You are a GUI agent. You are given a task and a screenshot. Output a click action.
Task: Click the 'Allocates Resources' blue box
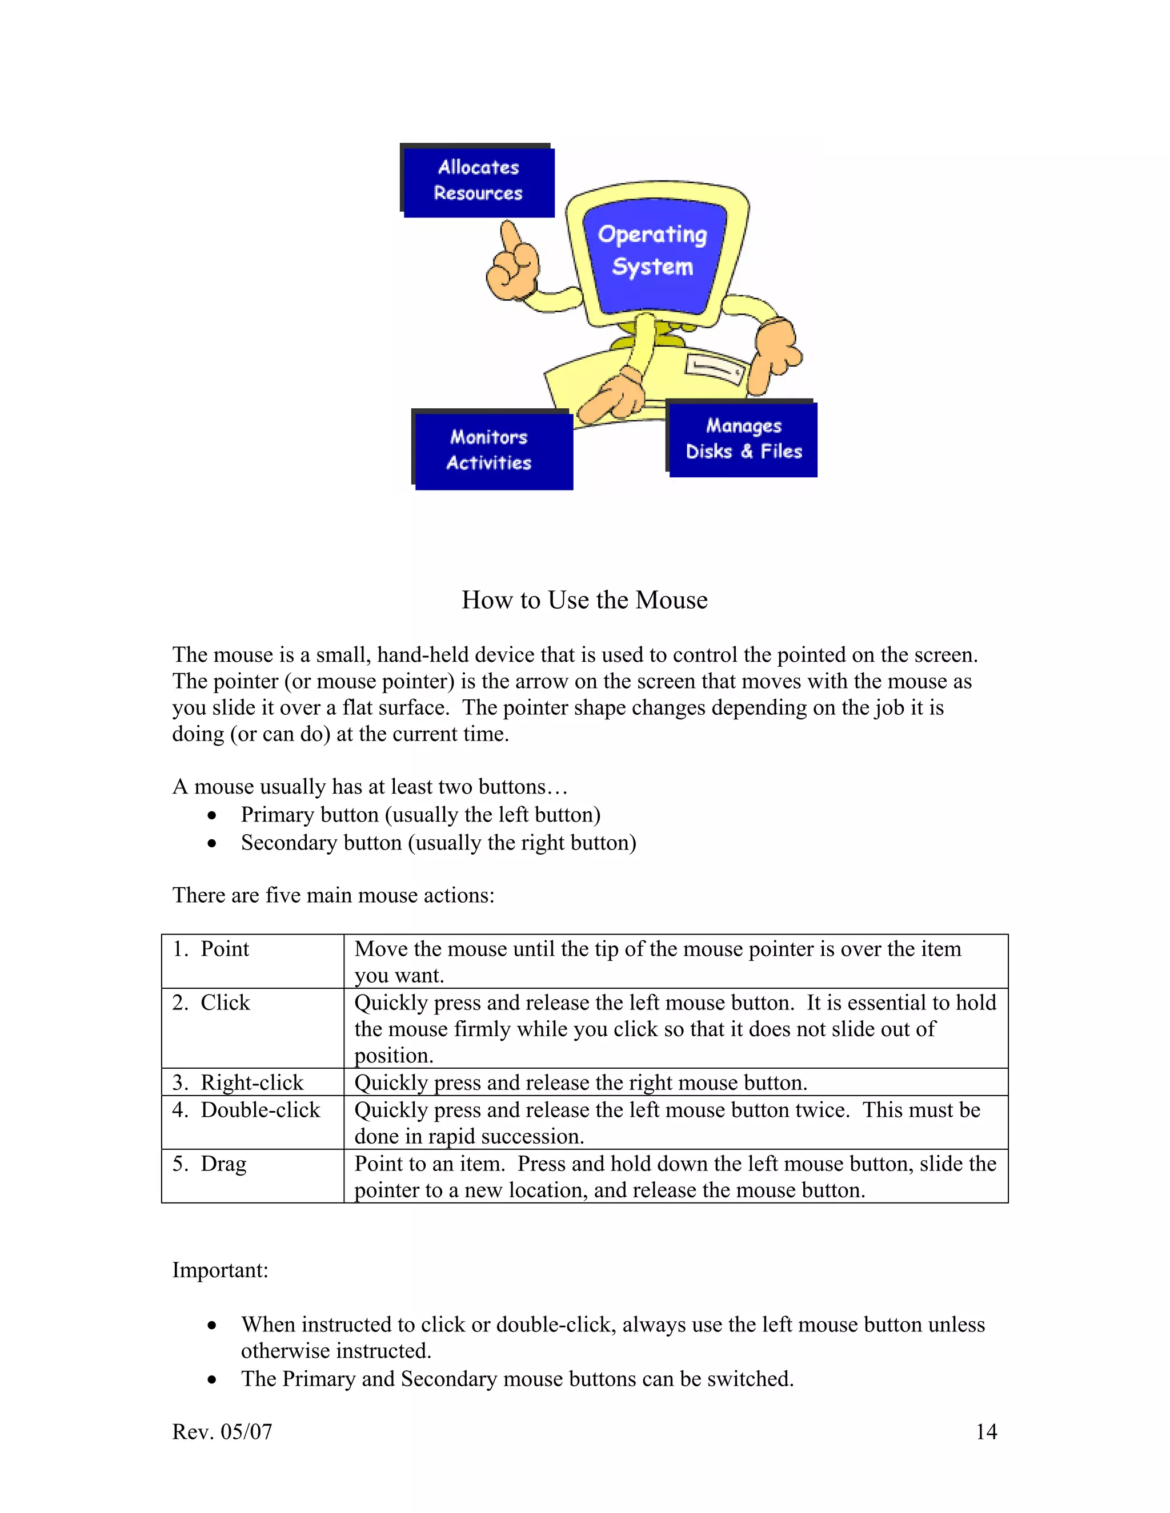point(478,182)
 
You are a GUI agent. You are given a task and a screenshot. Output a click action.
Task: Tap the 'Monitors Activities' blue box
point(493,450)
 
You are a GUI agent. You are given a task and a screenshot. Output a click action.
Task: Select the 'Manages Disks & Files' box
point(743,439)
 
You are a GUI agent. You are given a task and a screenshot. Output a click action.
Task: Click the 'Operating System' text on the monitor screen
point(652,250)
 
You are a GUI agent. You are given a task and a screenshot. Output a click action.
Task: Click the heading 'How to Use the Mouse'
point(584,600)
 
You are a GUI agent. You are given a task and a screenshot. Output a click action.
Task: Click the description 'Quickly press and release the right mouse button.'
point(581,1083)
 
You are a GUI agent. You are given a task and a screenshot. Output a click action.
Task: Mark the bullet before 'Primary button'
point(212,816)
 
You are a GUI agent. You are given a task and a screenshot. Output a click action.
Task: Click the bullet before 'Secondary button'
point(212,844)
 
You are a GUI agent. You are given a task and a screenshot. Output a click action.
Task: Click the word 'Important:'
point(220,1270)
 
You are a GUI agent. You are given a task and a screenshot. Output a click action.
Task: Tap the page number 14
point(985,1431)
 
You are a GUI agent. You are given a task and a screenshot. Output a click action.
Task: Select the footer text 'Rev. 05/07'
point(222,1431)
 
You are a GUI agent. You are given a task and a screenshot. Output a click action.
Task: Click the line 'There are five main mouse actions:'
point(334,895)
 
